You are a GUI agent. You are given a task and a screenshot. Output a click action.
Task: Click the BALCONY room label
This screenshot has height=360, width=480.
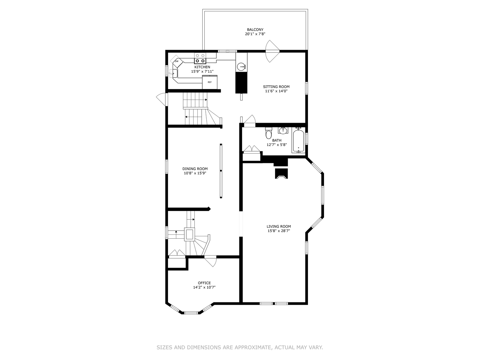pos(255,30)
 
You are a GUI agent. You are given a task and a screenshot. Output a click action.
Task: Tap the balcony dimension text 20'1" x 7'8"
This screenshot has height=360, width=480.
pos(255,34)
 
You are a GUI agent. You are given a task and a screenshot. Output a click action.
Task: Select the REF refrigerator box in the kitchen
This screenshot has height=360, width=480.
pos(210,82)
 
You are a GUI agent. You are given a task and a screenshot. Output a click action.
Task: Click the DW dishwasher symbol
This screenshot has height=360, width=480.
pos(176,61)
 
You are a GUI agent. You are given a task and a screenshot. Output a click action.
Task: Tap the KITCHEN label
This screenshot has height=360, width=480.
pos(202,67)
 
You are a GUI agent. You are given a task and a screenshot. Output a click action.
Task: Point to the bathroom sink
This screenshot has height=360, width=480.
pos(283,130)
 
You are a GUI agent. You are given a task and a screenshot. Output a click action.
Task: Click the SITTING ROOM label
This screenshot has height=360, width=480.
pos(276,87)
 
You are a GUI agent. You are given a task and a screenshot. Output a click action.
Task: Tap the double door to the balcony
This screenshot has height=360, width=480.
pos(271,51)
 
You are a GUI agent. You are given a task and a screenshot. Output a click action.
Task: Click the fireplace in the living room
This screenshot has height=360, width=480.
pos(281,173)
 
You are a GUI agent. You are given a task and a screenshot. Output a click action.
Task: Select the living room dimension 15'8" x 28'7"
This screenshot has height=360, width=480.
pos(279,231)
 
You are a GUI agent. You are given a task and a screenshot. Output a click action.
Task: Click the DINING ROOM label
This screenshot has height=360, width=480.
pos(195,169)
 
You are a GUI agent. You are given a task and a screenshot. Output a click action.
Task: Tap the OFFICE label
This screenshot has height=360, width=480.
pos(204,283)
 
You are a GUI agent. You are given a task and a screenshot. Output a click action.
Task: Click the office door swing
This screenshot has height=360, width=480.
pos(210,261)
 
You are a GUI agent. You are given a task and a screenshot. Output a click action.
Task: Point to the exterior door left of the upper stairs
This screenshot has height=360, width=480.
pos(162,99)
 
